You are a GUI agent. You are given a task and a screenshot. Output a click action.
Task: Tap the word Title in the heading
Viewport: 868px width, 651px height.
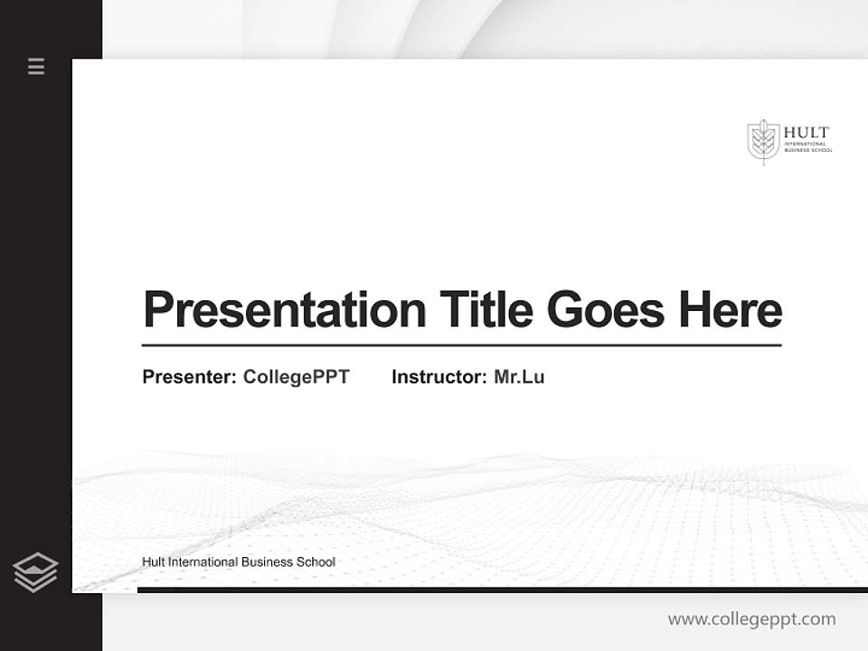(x=486, y=310)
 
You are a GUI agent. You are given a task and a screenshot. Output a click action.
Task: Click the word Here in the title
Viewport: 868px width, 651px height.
(x=731, y=310)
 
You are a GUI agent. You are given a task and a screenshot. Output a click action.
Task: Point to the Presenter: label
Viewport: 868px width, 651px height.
(x=189, y=377)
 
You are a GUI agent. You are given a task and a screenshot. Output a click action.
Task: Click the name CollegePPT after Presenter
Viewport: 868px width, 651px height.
(x=296, y=377)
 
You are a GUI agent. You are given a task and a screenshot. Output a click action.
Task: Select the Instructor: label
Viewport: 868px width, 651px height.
(x=439, y=377)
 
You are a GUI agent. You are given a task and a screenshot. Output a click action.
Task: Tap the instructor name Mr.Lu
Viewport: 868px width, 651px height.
(x=519, y=377)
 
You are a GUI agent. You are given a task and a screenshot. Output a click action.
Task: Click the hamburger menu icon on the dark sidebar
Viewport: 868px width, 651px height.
(x=36, y=66)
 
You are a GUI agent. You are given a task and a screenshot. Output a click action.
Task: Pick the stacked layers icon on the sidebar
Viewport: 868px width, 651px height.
(x=35, y=572)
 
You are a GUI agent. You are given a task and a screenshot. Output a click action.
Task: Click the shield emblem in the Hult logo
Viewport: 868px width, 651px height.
(x=763, y=140)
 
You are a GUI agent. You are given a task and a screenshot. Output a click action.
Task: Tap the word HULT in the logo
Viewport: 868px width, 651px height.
(x=806, y=133)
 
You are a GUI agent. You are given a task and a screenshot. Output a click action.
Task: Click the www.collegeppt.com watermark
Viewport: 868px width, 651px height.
(x=751, y=619)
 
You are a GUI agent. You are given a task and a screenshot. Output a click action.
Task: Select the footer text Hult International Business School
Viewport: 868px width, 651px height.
(x=239, y=562)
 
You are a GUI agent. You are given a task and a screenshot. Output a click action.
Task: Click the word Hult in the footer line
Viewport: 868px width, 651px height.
(x=154, y=562)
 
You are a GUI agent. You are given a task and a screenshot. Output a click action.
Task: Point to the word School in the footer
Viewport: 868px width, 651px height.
(x=316, y=562)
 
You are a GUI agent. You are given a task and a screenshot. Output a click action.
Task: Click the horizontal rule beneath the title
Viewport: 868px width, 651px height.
(x=461, y=345)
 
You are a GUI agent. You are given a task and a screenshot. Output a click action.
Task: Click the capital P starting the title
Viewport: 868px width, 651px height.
(x=156, y=310)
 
